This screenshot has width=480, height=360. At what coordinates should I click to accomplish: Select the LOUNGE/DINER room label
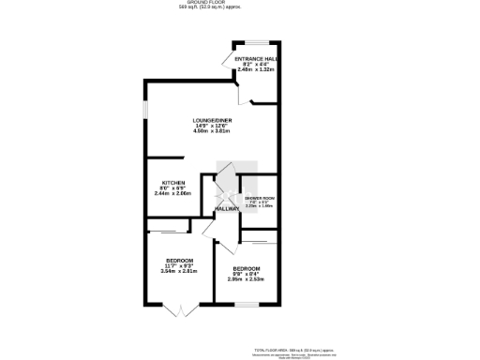(211, 120)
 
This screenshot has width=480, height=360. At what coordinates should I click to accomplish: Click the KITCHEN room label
(173, 182)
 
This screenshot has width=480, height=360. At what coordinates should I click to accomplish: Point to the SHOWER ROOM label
(260, 198)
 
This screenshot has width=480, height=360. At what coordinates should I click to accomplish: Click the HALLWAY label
(228, 209)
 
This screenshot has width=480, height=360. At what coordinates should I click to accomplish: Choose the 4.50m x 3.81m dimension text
(211, 131)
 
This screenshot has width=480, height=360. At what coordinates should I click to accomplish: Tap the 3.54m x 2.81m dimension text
(178, 271)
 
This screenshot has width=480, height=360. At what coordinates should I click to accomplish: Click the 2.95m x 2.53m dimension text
(247, 278)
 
